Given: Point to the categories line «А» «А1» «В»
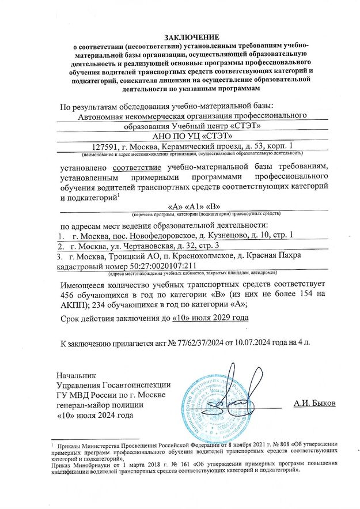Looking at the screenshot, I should [x=194, y=206].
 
